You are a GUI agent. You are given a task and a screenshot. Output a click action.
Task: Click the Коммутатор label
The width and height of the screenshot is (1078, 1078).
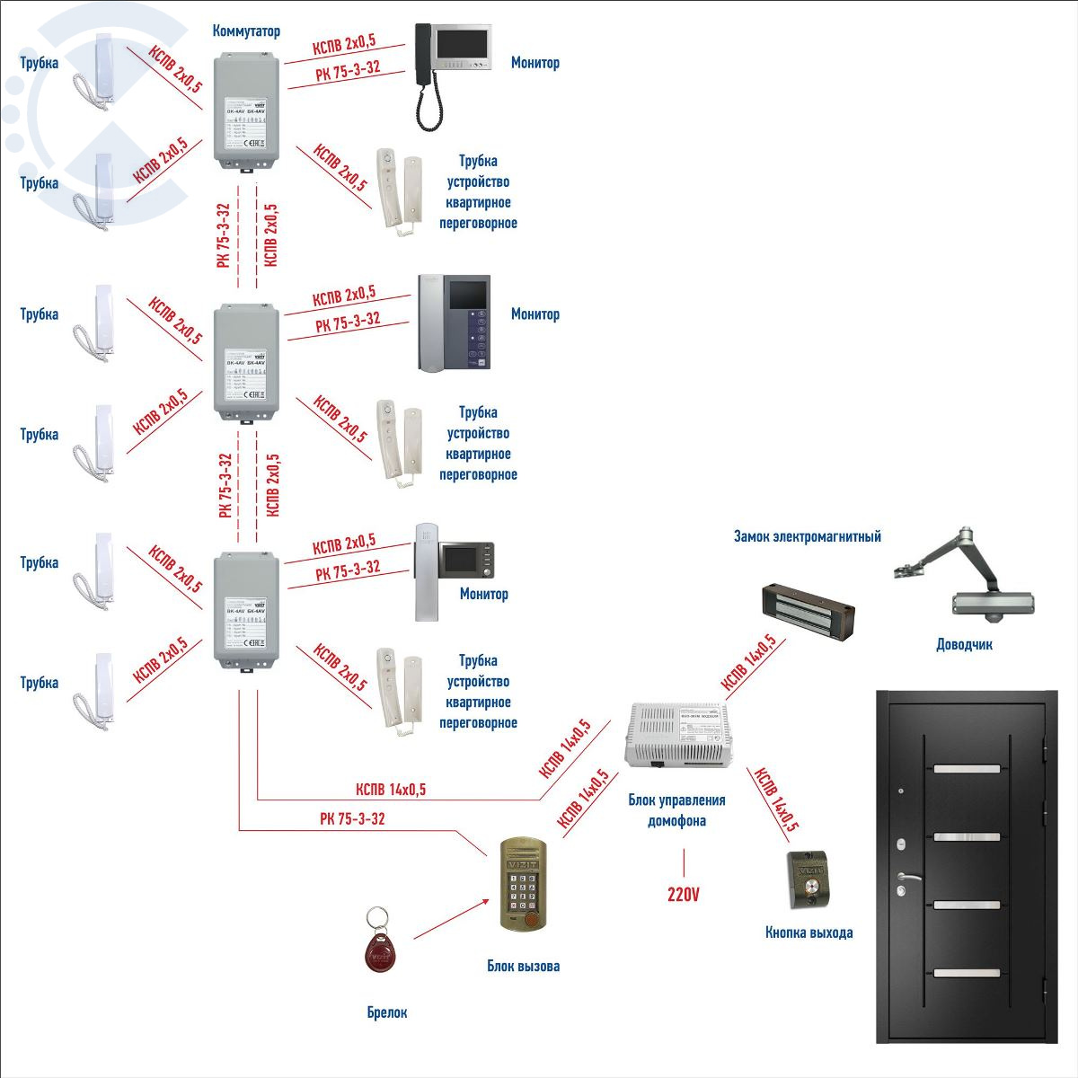(x=246, y=31)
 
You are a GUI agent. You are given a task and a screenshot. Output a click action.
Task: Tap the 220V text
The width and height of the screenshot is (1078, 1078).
(x=683, y=895)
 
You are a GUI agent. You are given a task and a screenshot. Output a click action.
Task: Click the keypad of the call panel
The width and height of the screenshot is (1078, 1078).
(x=521, y=894)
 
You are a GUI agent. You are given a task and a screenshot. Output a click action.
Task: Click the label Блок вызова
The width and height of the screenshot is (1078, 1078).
(x=523, y=967)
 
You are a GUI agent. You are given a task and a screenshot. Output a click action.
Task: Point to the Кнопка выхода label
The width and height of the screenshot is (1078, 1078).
(x=808, y=932)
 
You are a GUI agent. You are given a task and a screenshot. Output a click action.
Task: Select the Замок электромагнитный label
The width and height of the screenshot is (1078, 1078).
(x=807, y=537)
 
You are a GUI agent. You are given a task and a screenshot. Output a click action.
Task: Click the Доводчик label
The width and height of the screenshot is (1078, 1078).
(x=964, y=645)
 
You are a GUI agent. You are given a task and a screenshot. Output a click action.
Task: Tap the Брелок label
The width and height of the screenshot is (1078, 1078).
(x=387, y=1012)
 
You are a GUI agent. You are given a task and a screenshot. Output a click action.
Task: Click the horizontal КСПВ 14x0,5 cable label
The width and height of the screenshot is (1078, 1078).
(x=391, y=791)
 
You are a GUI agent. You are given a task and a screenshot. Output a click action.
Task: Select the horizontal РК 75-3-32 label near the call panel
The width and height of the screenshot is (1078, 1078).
(x=352, y=819)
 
